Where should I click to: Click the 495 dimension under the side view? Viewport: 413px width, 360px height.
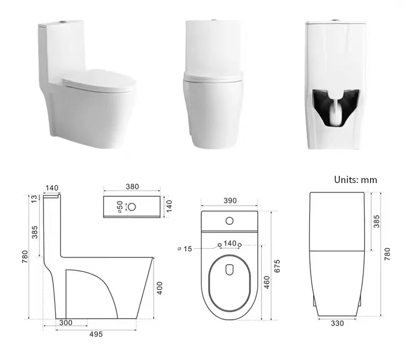pos(96,334)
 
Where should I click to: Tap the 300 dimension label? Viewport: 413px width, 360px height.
pos(66,323)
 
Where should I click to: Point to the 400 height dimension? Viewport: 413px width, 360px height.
pos(160,288)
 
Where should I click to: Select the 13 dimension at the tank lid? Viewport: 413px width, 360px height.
pos(35,199)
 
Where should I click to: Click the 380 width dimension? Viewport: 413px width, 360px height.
pos(132,187)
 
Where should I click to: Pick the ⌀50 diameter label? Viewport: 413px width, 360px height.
pos(120,207)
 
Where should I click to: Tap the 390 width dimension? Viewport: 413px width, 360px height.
pos(230,201)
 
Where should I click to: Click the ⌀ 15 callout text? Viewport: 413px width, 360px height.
pos(185,249)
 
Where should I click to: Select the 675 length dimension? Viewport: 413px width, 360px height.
pos(277,266)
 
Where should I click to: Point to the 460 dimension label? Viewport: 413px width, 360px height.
pos(267,282)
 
